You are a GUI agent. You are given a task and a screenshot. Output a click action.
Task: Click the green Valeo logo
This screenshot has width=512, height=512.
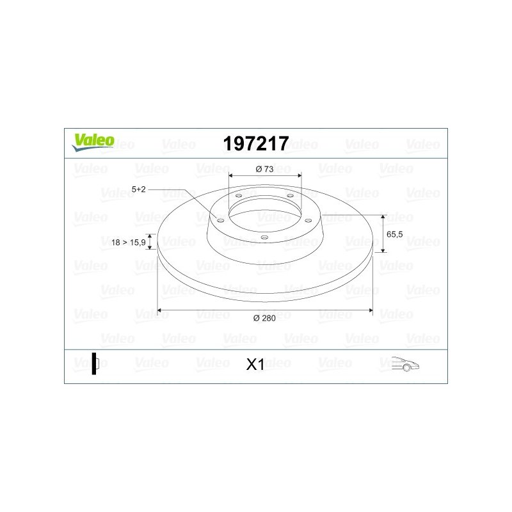click(x=93, y=142)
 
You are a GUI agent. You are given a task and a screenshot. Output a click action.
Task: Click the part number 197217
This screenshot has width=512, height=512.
click(x=256, y=143)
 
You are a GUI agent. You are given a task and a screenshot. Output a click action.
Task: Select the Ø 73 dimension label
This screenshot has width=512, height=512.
click(x=264, y=169)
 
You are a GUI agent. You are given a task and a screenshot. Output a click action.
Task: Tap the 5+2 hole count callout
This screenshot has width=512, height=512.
click(x=138, y=189)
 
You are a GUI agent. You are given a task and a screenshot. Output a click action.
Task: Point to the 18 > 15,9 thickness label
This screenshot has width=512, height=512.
click(x=129, y=243)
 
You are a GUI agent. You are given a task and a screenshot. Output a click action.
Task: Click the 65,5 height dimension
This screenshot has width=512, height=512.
click(x=394, y=234)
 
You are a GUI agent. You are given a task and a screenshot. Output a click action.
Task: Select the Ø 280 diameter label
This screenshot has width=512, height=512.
click(x=264, y=318)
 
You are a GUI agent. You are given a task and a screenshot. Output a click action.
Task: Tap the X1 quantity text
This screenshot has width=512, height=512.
click(x=255, y=364)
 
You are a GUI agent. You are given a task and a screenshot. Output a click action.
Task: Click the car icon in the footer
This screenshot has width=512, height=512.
click(x=405, y=364)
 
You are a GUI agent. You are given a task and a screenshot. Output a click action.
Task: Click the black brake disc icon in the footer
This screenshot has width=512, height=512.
click(x=95, y=364)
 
